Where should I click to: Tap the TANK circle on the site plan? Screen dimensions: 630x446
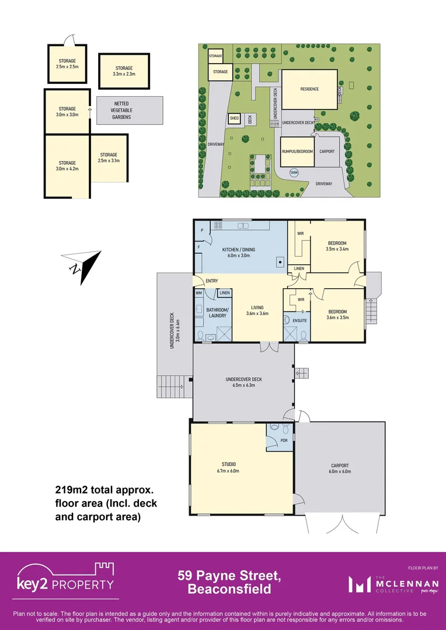pos(294,172)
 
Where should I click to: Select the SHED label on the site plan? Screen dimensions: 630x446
pos(234,118)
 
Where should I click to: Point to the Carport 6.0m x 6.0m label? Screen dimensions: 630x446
pos(339,468)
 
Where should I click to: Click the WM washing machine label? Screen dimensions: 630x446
pos(198,293)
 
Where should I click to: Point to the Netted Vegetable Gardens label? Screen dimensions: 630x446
pos(122,110)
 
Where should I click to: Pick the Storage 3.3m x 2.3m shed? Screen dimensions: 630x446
pos(124,71)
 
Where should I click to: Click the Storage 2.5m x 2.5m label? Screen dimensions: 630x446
pos(67,64)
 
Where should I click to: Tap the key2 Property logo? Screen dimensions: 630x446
pos(65,580)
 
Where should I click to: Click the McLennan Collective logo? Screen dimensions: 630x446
pos(387,584)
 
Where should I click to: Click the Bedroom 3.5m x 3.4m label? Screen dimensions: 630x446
pos(337,246)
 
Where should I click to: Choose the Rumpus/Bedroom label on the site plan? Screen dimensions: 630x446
pos(298,151)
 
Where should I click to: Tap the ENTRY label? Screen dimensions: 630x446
pos(212,281)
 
